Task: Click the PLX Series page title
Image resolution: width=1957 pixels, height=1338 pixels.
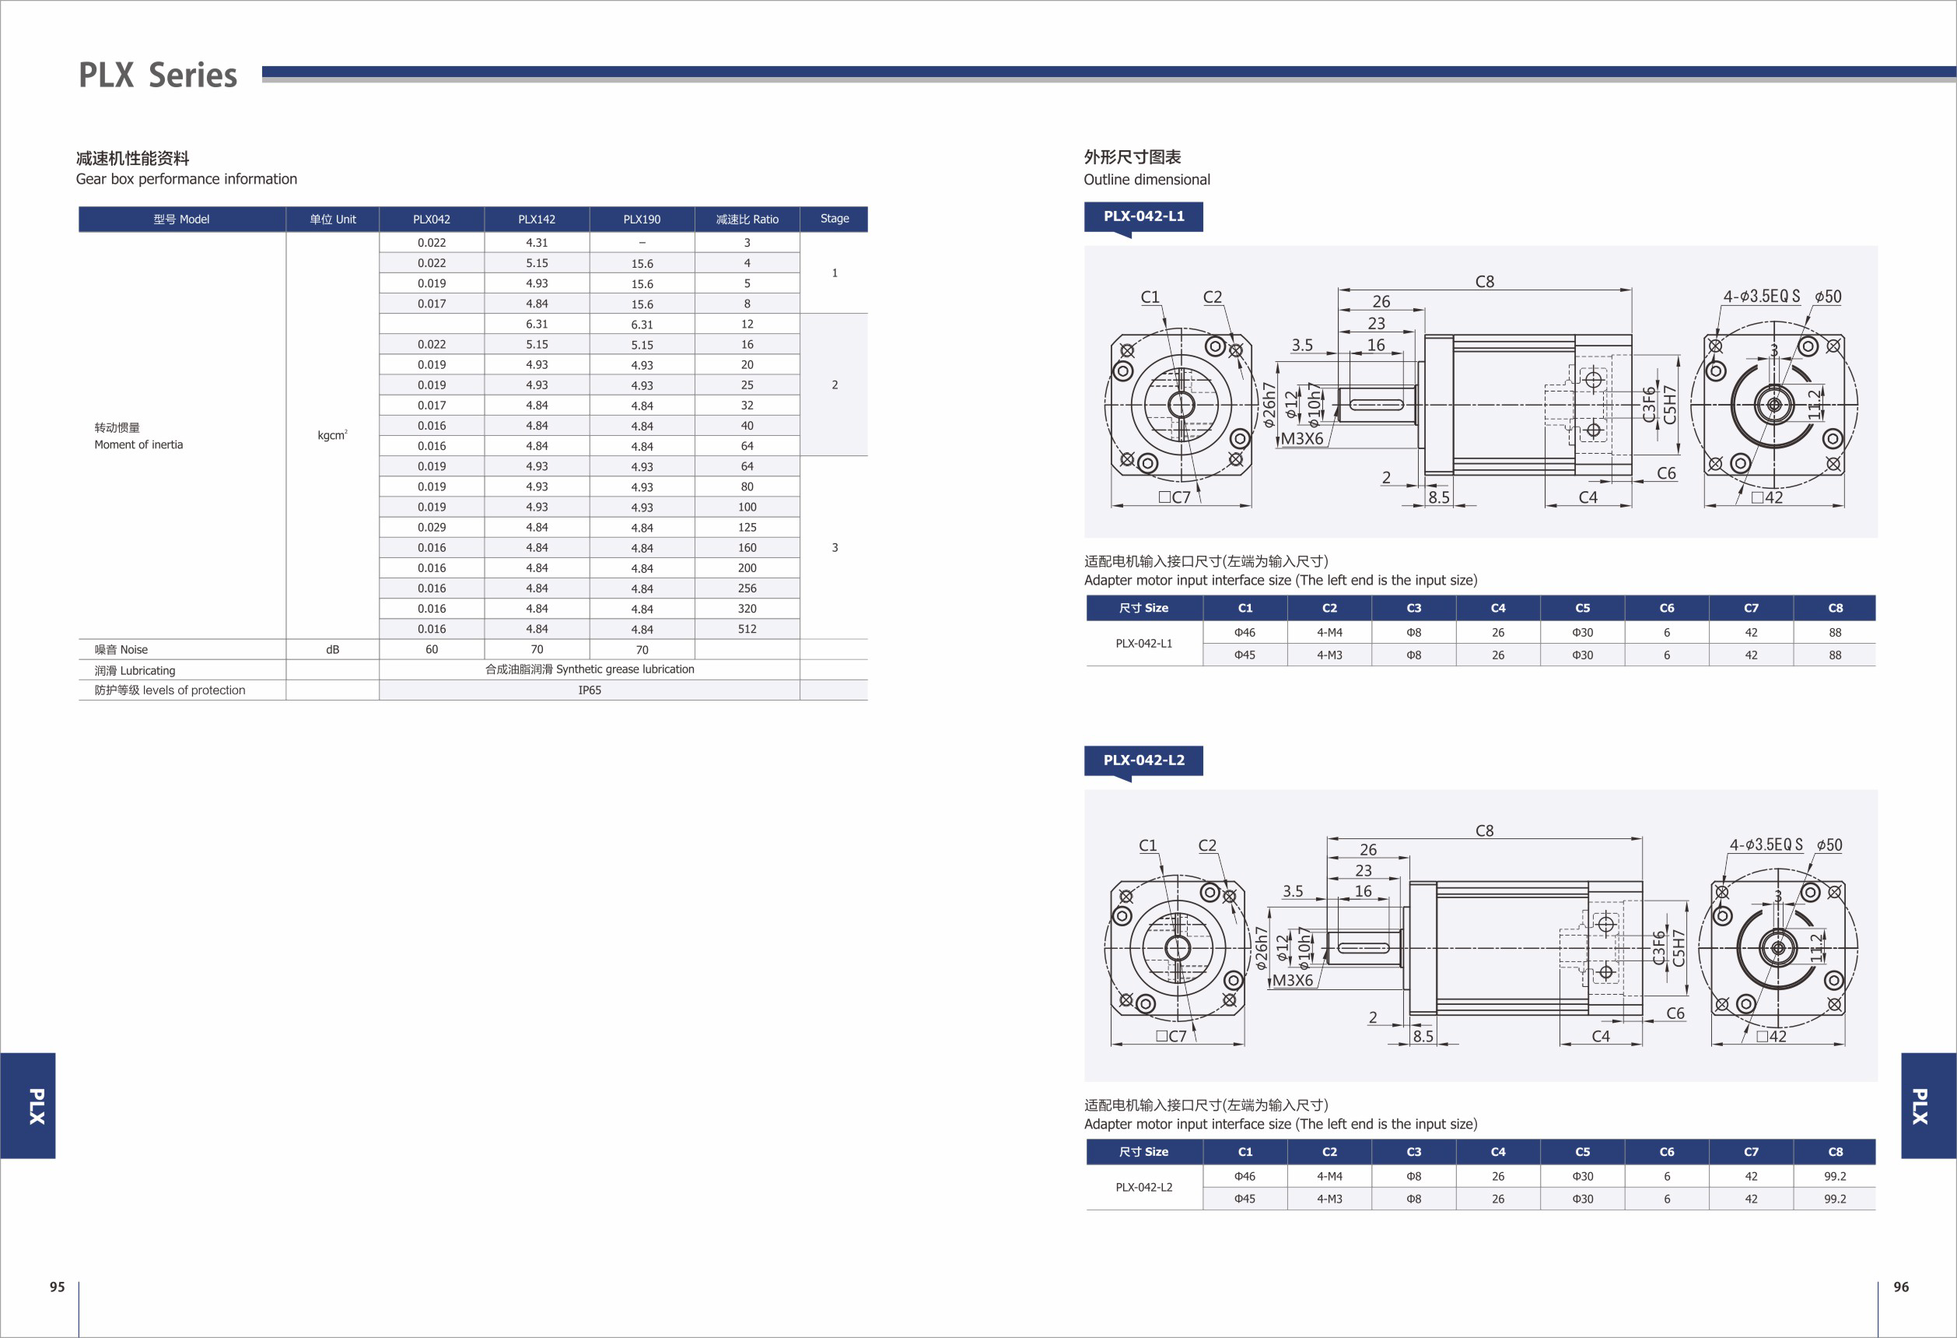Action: pyautogui.click(x=157, y=75)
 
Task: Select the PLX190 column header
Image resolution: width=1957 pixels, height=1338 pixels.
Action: pyautogui.click(x=642, y=219)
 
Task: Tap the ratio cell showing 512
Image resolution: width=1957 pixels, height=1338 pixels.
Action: pyautogui.click(x=747, y=629)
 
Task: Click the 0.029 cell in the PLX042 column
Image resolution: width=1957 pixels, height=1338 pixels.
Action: pyautogui.click(x=432, y=528)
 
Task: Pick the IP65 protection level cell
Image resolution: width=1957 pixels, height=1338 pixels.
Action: pyautogui.click(x=590, y=690)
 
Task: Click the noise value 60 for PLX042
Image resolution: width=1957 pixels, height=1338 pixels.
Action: pyautogui.click(x=432, y=650)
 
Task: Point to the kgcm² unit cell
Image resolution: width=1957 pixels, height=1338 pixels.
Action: pyautogui.click(x=333, y=435)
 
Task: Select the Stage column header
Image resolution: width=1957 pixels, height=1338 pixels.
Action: pyautogui.click(x=835, y=218)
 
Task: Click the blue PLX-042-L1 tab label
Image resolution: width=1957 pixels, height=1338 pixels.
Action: pyautogui.click(x=1143, y=216)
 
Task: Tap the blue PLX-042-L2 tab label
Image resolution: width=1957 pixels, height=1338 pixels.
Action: pyautogui.click(x=1143, y=760)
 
